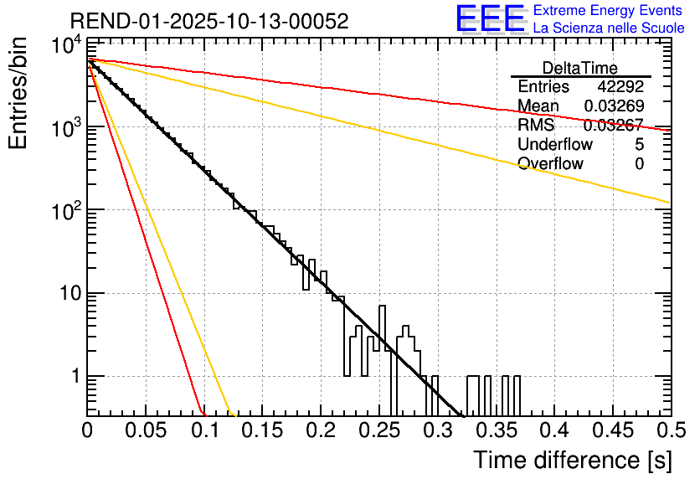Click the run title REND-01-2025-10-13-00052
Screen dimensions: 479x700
[x=209, y=21]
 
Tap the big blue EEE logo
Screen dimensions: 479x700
[x=490, y=18]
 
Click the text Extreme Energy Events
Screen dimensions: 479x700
[x=608, y=11]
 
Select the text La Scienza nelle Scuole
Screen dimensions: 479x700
[x=608, y=28]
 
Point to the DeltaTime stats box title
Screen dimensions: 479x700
[x=580, y=68]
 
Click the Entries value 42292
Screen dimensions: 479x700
[x=620, y=87]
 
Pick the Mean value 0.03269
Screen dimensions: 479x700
[x=614, y=106]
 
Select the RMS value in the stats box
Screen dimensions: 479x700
[x=614, y=126]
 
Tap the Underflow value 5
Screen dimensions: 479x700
[x=639, y=145]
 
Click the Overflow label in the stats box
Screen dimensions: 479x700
[x=550, y=164]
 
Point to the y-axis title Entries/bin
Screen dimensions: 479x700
[x=18, y=91]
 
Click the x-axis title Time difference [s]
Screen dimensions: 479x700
[x=571, y=460]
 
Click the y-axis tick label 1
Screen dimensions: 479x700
[x=73, y=377]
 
